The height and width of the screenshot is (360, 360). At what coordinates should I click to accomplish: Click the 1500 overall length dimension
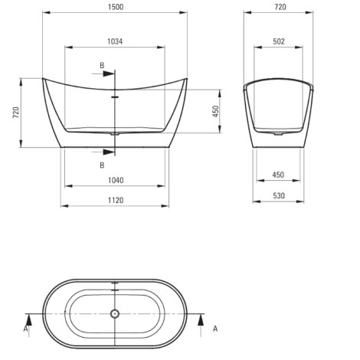coord(116,7)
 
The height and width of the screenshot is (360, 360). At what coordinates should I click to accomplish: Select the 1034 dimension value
coord(115,41)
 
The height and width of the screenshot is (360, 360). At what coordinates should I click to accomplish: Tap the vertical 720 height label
coord(16,113)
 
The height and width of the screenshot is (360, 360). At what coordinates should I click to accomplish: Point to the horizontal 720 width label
coord(280,7)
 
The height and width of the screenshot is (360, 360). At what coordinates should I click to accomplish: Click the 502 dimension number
coord(279,41)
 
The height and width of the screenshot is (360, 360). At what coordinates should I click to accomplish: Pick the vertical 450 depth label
coord(216,111)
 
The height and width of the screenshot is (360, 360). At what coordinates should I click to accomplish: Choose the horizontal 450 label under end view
coord(278,175)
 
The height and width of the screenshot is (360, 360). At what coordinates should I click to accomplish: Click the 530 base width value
coord(279,196)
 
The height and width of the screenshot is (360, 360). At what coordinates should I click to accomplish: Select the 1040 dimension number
coord(116,181)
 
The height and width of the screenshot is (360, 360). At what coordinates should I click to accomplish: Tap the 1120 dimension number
coord(116,201)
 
